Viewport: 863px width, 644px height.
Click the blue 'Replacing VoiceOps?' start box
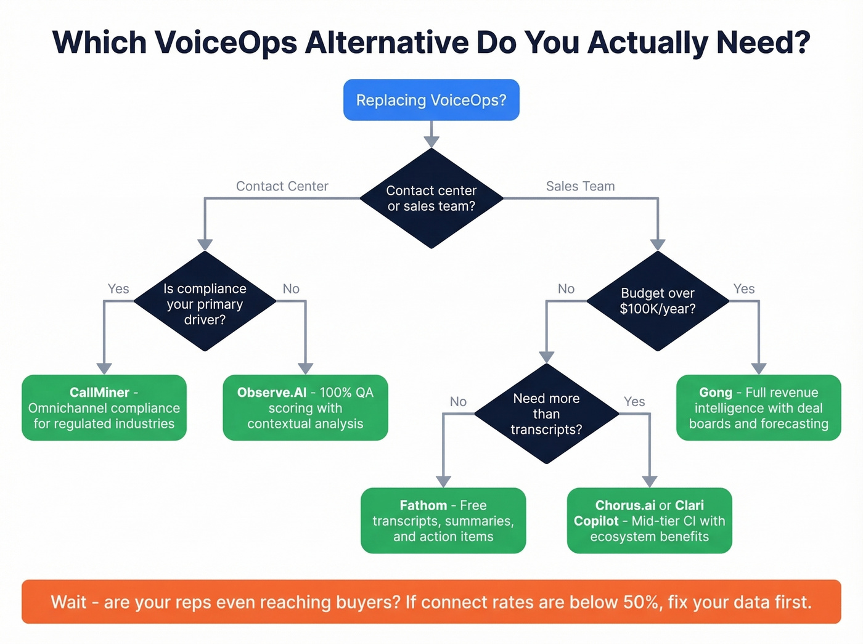[x=431, y=100]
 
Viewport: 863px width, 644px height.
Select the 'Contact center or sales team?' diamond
[x=431, y=198]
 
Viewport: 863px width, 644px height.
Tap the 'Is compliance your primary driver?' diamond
[x=205, y=301]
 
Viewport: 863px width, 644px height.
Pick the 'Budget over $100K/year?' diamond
[x=658, y=301]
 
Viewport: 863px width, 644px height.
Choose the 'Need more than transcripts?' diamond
[x=546, y=414]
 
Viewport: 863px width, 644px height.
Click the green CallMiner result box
[x=104, y=407]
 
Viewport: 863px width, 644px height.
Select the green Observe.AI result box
[x=305, y=407]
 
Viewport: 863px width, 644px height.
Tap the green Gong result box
[x=758, y=407]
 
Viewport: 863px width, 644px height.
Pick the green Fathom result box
[x=443, y=520]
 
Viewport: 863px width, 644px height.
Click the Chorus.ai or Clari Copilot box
[x=649, y=520]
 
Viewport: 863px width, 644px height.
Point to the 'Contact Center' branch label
[x=282, y=186]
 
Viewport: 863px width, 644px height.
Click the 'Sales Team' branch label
[x=580, y=186]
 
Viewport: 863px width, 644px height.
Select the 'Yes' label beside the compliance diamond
[x=118, y=289]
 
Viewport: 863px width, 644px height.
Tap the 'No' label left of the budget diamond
[x=566, y=289]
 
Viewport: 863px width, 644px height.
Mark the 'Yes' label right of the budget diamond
[x=743, y=289]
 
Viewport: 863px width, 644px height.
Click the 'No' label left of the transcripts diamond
[x=458, y=402]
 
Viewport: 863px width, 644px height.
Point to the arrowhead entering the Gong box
[x=759, y=369]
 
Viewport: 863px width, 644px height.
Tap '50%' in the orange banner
[x=641, y=601]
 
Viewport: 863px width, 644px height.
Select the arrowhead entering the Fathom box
[x=443, y=481]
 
